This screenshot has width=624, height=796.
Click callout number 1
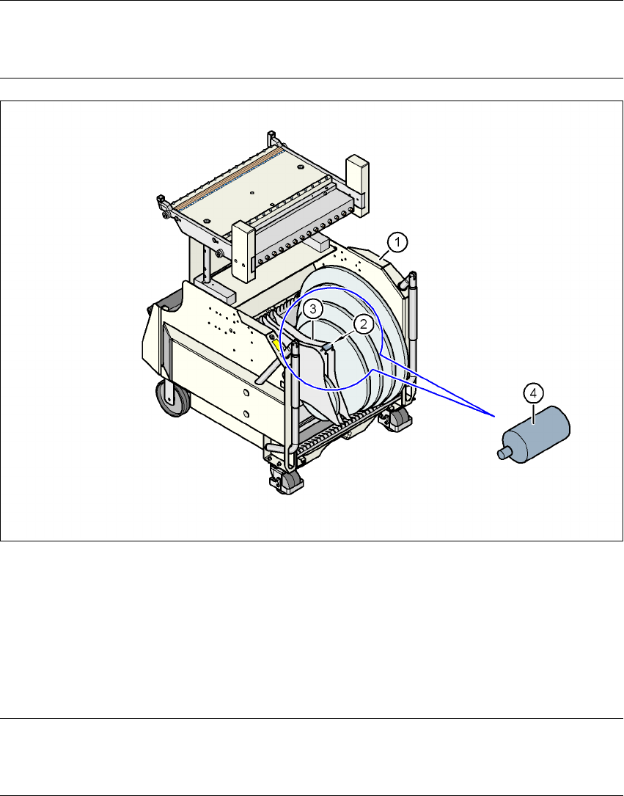(397, 240)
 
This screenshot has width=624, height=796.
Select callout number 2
(362, 324)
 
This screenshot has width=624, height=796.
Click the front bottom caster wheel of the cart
(290, 481)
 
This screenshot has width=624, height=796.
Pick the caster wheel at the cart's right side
(401, 419)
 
